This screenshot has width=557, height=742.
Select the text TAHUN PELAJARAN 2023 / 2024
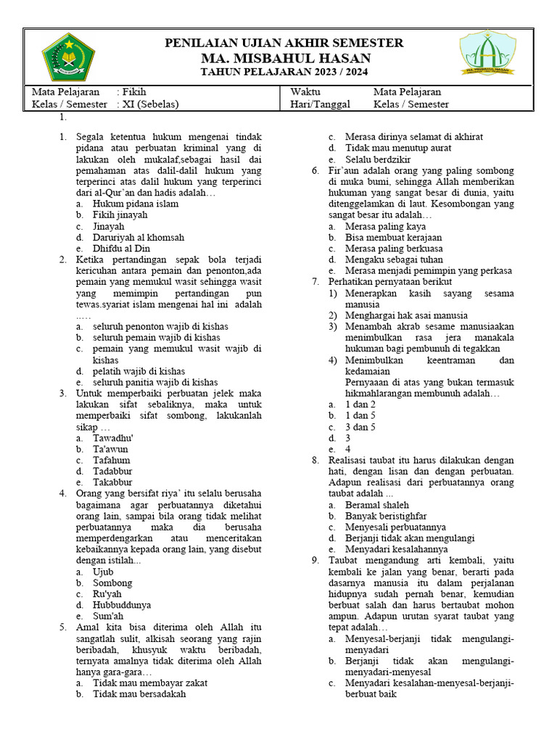click(284, 72)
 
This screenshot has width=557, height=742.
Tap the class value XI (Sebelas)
click(149, 104)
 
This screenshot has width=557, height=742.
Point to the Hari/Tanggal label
click(320, 104)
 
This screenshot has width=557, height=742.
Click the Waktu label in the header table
click(305, 92)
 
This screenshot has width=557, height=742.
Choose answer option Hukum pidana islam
click(135, 204)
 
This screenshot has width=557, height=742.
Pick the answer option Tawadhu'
click(112, 438)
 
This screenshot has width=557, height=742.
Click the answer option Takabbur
click(112, 482)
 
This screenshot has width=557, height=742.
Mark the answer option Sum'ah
click(108, 616)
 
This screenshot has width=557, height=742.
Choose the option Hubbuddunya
click(122, 605)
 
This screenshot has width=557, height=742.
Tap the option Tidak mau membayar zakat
click(149, 683)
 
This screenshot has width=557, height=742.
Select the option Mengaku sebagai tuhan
click(394, 259)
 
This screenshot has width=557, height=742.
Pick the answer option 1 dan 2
click(360, 404)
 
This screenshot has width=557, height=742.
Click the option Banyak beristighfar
click(385, 516)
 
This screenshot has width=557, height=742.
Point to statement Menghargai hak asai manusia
click(406, 315)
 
